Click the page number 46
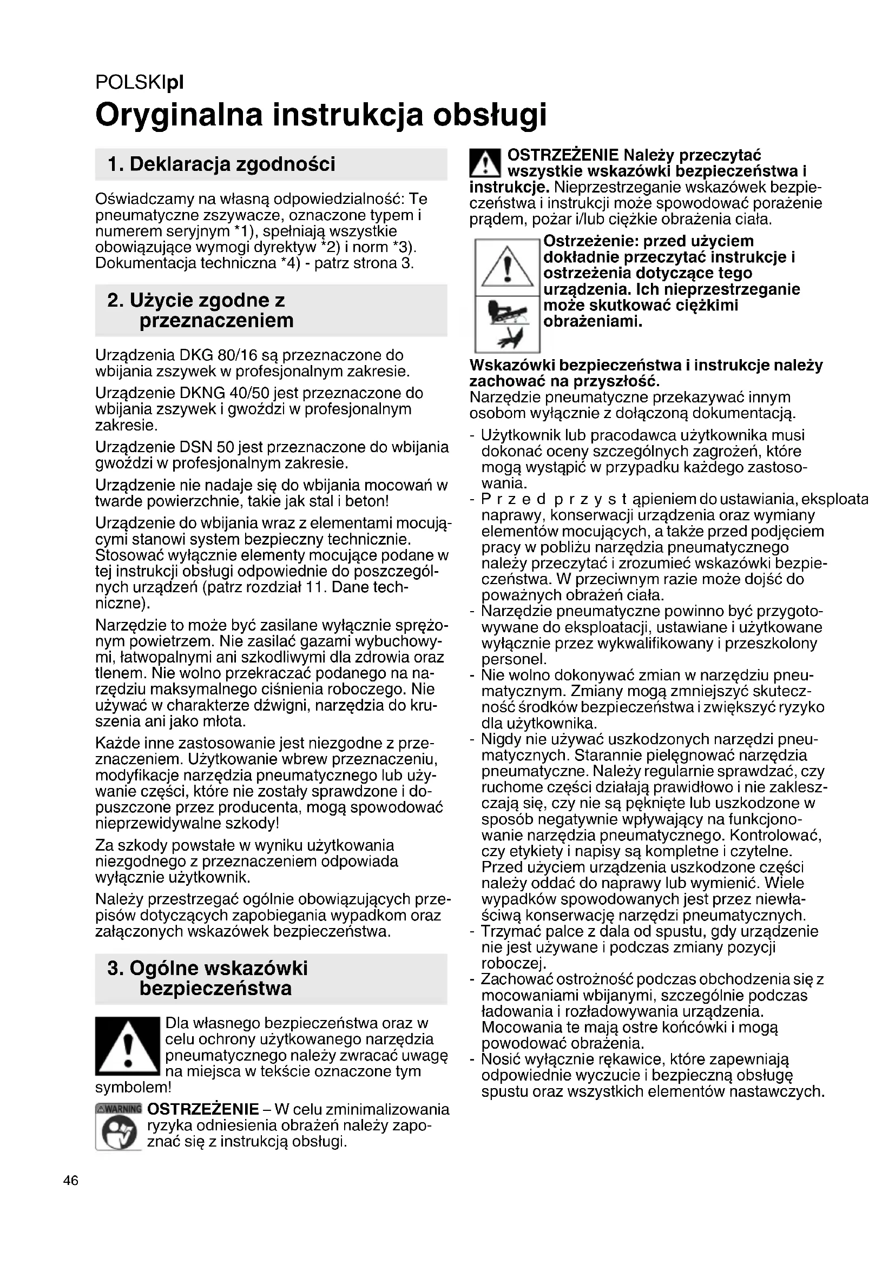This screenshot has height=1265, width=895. (71, 1181)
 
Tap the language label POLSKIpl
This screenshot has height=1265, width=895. (140, 83)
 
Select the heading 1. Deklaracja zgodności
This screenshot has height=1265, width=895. (221, 164)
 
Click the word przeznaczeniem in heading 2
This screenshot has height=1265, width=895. (216, 321)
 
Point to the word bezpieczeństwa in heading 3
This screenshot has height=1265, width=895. (215, 989)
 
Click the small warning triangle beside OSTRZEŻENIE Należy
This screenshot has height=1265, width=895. (483, 164)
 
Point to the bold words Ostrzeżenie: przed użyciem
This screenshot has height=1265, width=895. (648, 241)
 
